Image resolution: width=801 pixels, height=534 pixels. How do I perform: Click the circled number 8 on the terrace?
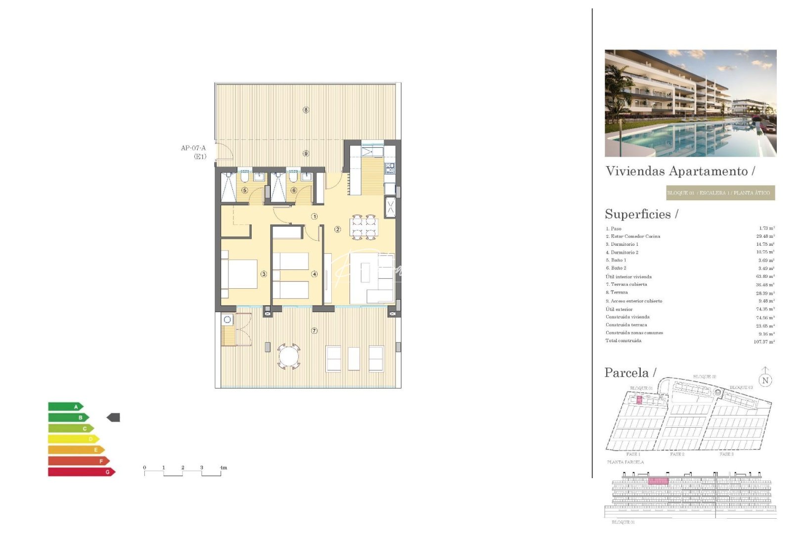[x=306, y=110]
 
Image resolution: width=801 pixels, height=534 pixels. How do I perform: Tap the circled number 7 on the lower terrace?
[x=314, y=331]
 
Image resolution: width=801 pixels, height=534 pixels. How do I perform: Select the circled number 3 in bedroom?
[x=264, y=274]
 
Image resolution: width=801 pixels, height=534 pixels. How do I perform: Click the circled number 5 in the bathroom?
[x=244, y=190]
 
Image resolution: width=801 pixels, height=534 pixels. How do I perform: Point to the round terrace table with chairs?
[x=289, y=356]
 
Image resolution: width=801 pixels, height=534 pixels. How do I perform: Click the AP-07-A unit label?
[x=193, y=148]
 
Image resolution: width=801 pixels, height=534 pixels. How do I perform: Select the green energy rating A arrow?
[x=65, y=406]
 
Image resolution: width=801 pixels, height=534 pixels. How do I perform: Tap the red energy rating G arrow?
[x=81, y=472]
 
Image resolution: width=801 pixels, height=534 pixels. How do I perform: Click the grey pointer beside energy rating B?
[x=113, y=417]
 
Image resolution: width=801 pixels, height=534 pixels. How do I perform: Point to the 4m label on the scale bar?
[x=223, y=467]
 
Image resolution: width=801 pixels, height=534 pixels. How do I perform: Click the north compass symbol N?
[x=765, y=380]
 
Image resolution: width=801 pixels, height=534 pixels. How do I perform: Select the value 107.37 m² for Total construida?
[x=764, y=342]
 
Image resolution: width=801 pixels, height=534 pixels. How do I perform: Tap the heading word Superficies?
[x=638, y=214]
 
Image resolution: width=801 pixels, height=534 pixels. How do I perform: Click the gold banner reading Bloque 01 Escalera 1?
[x=720, y=193]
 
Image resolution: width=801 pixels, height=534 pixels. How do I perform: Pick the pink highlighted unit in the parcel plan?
[x=639, y=400]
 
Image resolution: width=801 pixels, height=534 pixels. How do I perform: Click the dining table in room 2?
[x=364, y=227]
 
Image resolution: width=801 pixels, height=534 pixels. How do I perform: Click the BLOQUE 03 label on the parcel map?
[x=741, y=387]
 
